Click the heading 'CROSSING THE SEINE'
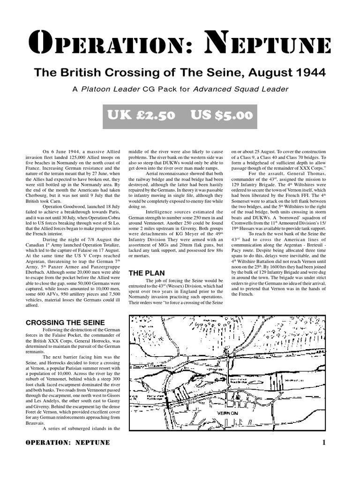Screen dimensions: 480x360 pos(65,322)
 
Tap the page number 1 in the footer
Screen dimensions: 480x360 pos(324,442)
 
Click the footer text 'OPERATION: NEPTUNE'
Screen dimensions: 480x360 pos(67,442)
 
